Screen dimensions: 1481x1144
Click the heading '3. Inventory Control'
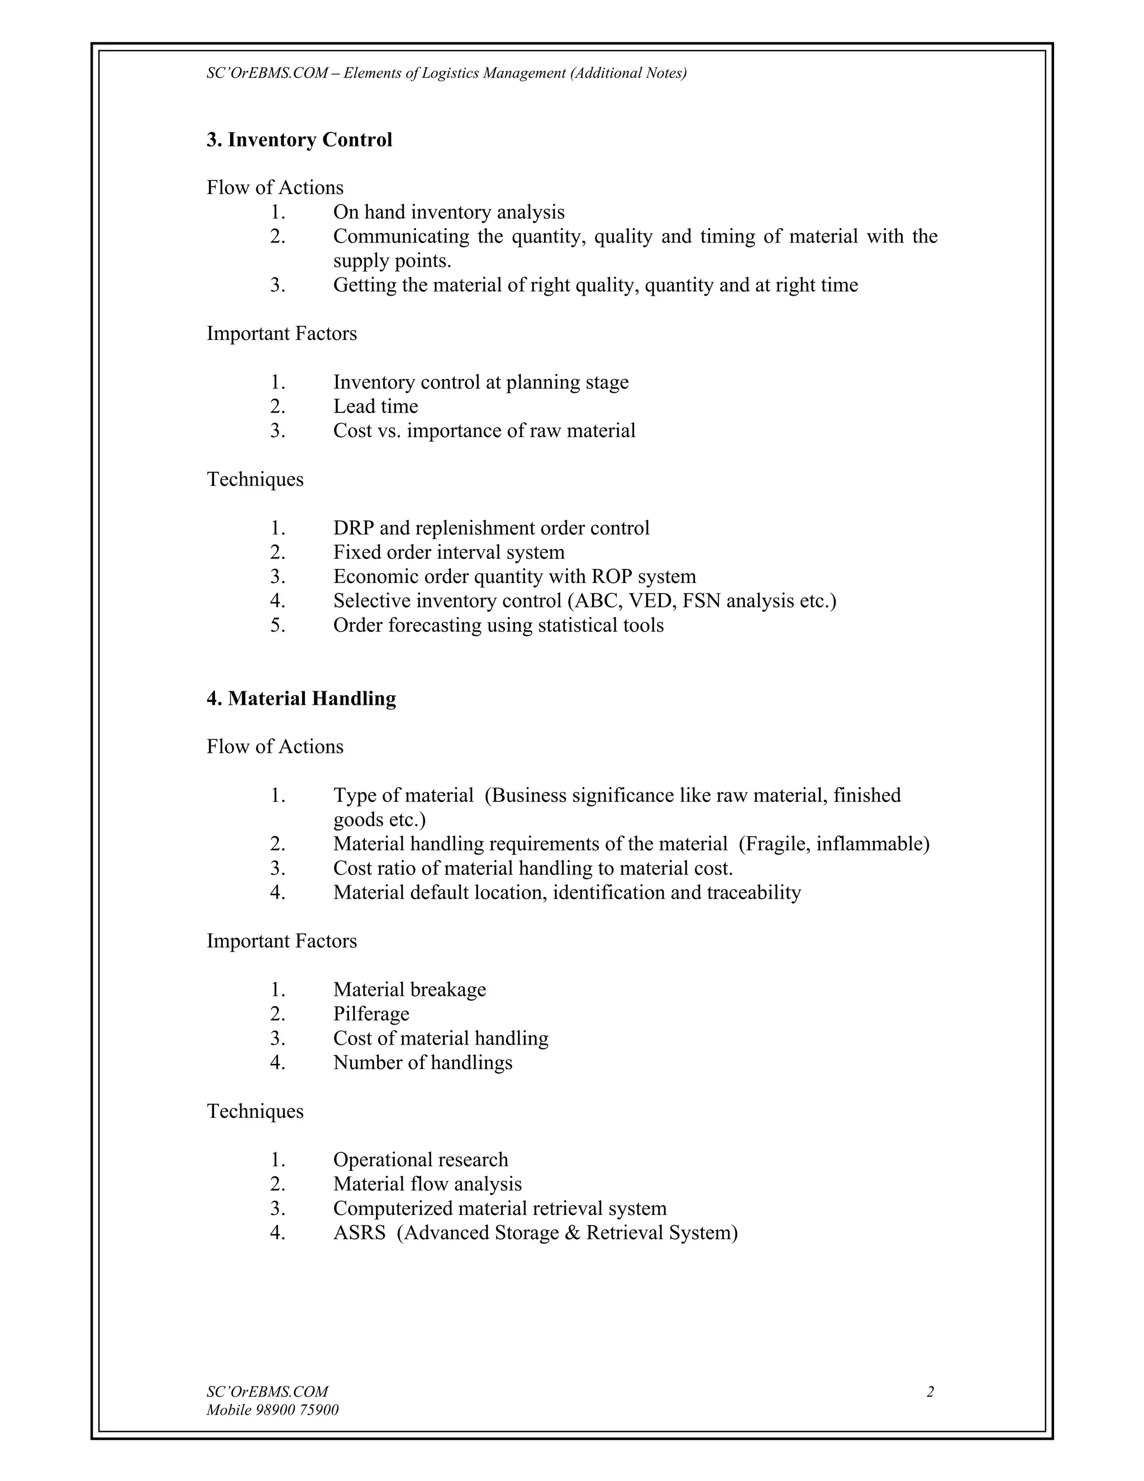(299, 140)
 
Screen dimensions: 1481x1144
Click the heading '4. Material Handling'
(301, 699)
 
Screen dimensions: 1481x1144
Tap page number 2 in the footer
(930, 1392)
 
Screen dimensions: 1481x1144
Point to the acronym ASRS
(359, 1232)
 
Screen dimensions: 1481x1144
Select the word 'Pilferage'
(371, 1014)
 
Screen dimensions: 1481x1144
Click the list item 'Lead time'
(375, 407)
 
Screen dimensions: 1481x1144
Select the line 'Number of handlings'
(422, 1062)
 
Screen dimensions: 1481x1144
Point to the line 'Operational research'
(420, 1160)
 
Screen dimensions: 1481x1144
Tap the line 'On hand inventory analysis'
(448, 212)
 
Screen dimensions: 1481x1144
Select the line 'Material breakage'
(409, 990)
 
